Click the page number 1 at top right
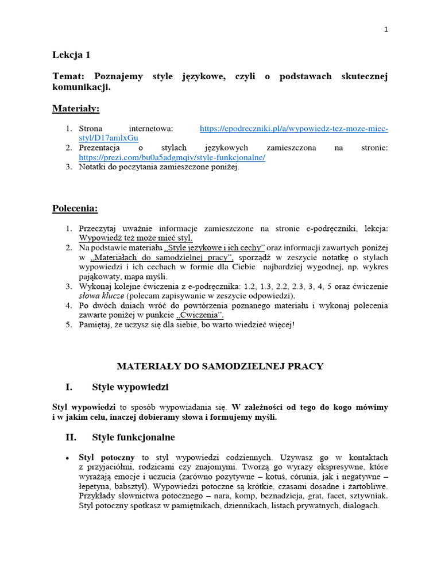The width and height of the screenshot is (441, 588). click(386, 30)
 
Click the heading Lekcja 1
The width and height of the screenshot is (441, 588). click(71, 55)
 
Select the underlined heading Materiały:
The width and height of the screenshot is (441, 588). click(76, 108)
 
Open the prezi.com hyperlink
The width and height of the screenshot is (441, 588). click(172, 157)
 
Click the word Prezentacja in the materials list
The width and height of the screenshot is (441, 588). click(99, 148)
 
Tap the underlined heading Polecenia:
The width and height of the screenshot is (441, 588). click(75, 208)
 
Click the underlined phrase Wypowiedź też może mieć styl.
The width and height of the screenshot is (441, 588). click(136, 238)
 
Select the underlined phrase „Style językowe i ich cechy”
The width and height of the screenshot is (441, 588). click(214, 247)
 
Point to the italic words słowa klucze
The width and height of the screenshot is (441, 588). click(101, 296)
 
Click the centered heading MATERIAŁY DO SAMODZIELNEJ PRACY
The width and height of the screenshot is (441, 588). click(220, 366)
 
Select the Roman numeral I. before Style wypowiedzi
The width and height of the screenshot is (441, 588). click(71, 386)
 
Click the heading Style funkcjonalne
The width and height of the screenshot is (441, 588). click(133, 437)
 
